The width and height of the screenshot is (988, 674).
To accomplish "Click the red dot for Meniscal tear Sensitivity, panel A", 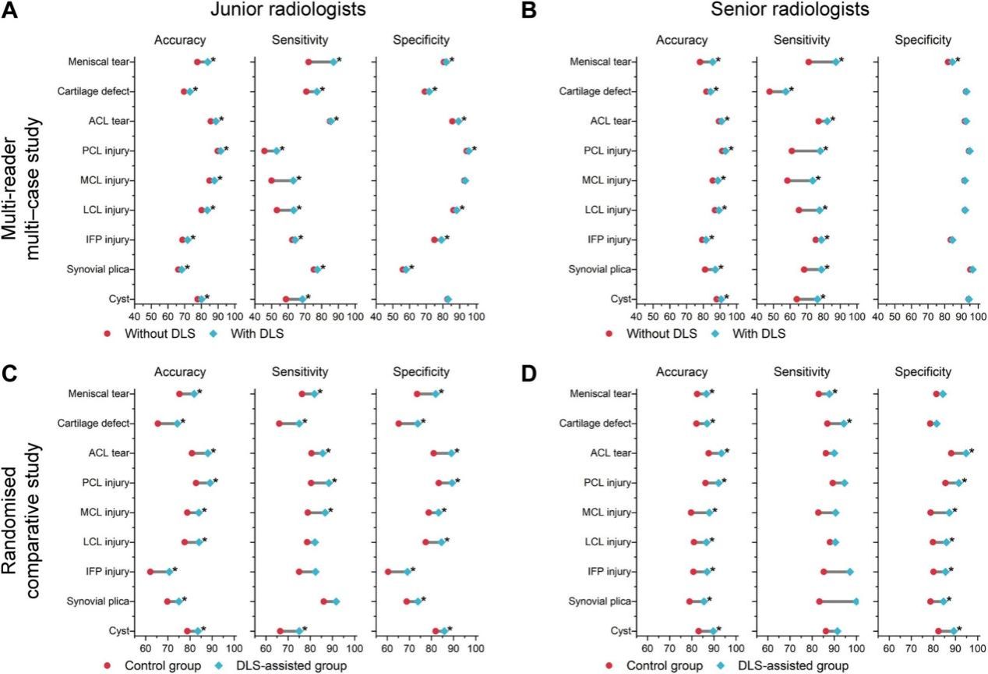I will pyautogui.click(x=309, y=62).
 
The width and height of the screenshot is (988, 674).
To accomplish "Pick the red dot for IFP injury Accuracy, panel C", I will pyautogui.click(x=150, y=572).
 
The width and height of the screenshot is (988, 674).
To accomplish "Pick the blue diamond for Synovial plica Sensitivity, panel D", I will pyautogui.click(x=856, y=601).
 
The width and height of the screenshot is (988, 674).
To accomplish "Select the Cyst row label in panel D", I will pyautogui.click(x=621, y=631).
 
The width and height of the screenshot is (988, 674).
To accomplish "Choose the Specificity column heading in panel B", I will pyautogui.click(x=925, y=39).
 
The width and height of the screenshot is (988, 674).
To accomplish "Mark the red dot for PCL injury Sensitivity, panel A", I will pyautogui.click(x=265, y=151).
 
